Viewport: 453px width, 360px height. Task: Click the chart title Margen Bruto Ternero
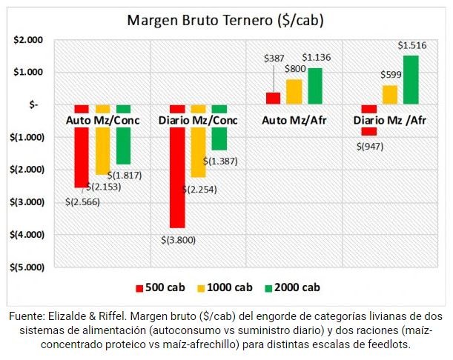(x=227, y=19)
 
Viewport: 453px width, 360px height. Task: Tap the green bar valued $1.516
(x=411, y=80)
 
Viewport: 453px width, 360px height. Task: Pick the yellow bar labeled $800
(x=294, y=91)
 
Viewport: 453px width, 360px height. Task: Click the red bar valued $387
(x=273, y=98)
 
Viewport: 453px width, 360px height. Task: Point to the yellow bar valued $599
(x=390, y=95)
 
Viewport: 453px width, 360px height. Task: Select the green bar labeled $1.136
(x=314, y=86)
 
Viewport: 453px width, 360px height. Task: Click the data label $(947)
(x=369, y=147)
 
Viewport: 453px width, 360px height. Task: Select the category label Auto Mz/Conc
(x=102, y=119)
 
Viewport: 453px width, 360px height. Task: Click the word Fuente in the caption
(x=27, y=316)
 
